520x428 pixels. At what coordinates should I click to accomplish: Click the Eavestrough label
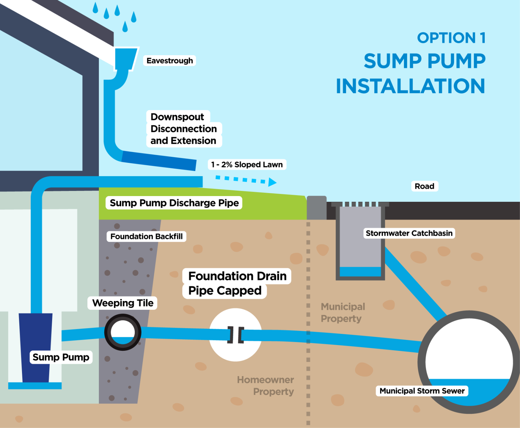point(170,61)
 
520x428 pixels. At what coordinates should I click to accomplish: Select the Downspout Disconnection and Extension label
point(183,129)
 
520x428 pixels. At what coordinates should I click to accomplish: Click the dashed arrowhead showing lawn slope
point(272,183)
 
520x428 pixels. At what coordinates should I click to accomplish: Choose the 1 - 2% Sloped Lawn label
point(247,165)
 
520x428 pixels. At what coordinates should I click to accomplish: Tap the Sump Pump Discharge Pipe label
point(174,203)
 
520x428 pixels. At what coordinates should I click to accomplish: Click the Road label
point(424,186)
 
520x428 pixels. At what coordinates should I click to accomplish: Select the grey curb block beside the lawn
point(317,208)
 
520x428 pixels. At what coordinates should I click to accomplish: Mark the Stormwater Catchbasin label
point(409,233)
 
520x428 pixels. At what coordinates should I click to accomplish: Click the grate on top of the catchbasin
point(360,204)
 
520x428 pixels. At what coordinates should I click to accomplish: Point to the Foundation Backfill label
point(146,236)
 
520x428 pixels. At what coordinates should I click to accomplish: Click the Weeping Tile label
point(123,303)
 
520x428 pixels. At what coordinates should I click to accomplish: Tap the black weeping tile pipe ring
point(123,332)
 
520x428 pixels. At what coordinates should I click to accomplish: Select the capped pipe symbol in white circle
point(236,335)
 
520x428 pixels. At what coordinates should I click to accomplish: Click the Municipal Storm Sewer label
point(422,391)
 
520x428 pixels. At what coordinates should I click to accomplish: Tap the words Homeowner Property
point(266,386)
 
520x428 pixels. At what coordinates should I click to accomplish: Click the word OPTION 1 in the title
point(451,38)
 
